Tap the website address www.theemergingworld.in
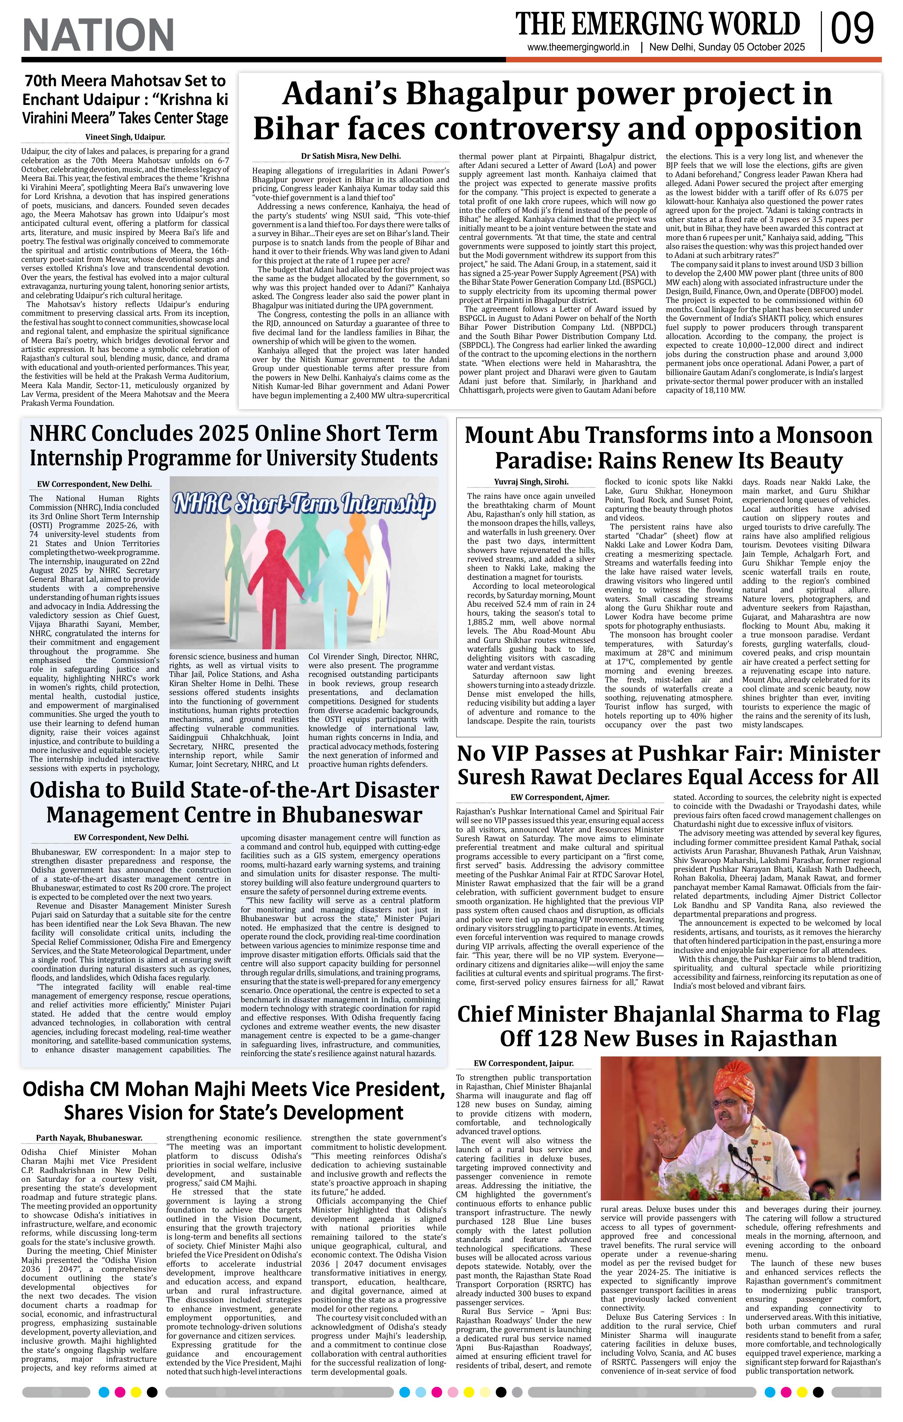578,48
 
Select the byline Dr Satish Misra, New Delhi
350,156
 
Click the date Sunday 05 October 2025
751,48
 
